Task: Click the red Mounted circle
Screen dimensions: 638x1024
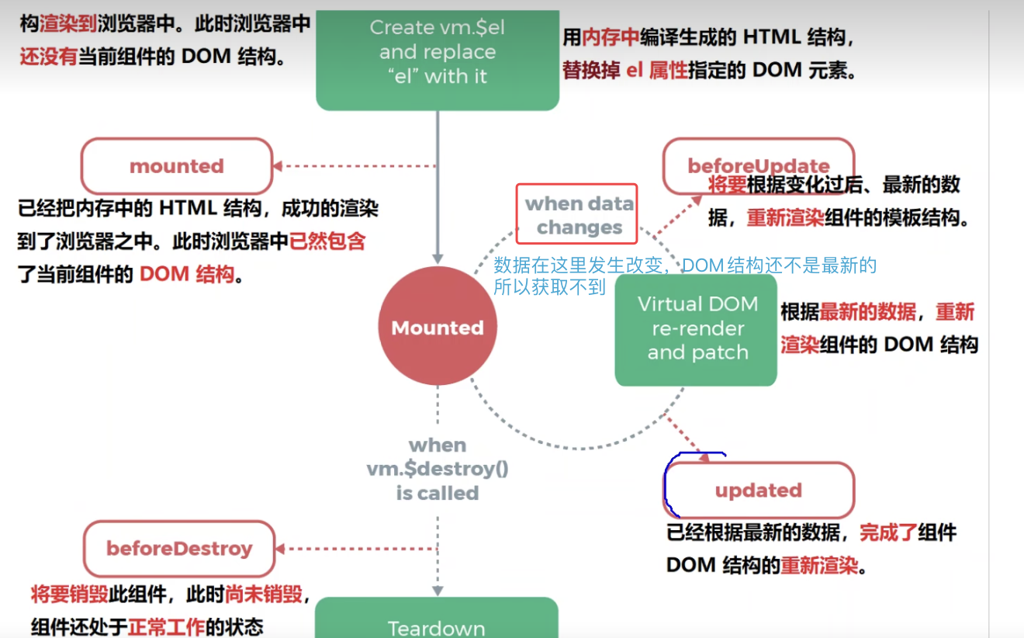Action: (438, 327)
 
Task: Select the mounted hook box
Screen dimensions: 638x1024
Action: (177, 166)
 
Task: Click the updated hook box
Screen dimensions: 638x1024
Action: (759, 490)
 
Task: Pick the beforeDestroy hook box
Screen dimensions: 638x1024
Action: (179, 549)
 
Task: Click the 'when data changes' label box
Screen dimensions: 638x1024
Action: (577, 214)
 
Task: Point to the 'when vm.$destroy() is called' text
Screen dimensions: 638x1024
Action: (438, 469)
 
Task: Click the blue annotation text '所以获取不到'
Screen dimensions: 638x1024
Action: (549, 287)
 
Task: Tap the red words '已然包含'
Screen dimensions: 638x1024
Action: (327, 241)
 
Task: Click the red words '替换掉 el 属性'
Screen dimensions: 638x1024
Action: (625, 70)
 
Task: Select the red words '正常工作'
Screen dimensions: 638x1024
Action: (166, 626)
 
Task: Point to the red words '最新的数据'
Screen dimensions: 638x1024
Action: (868, 312)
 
